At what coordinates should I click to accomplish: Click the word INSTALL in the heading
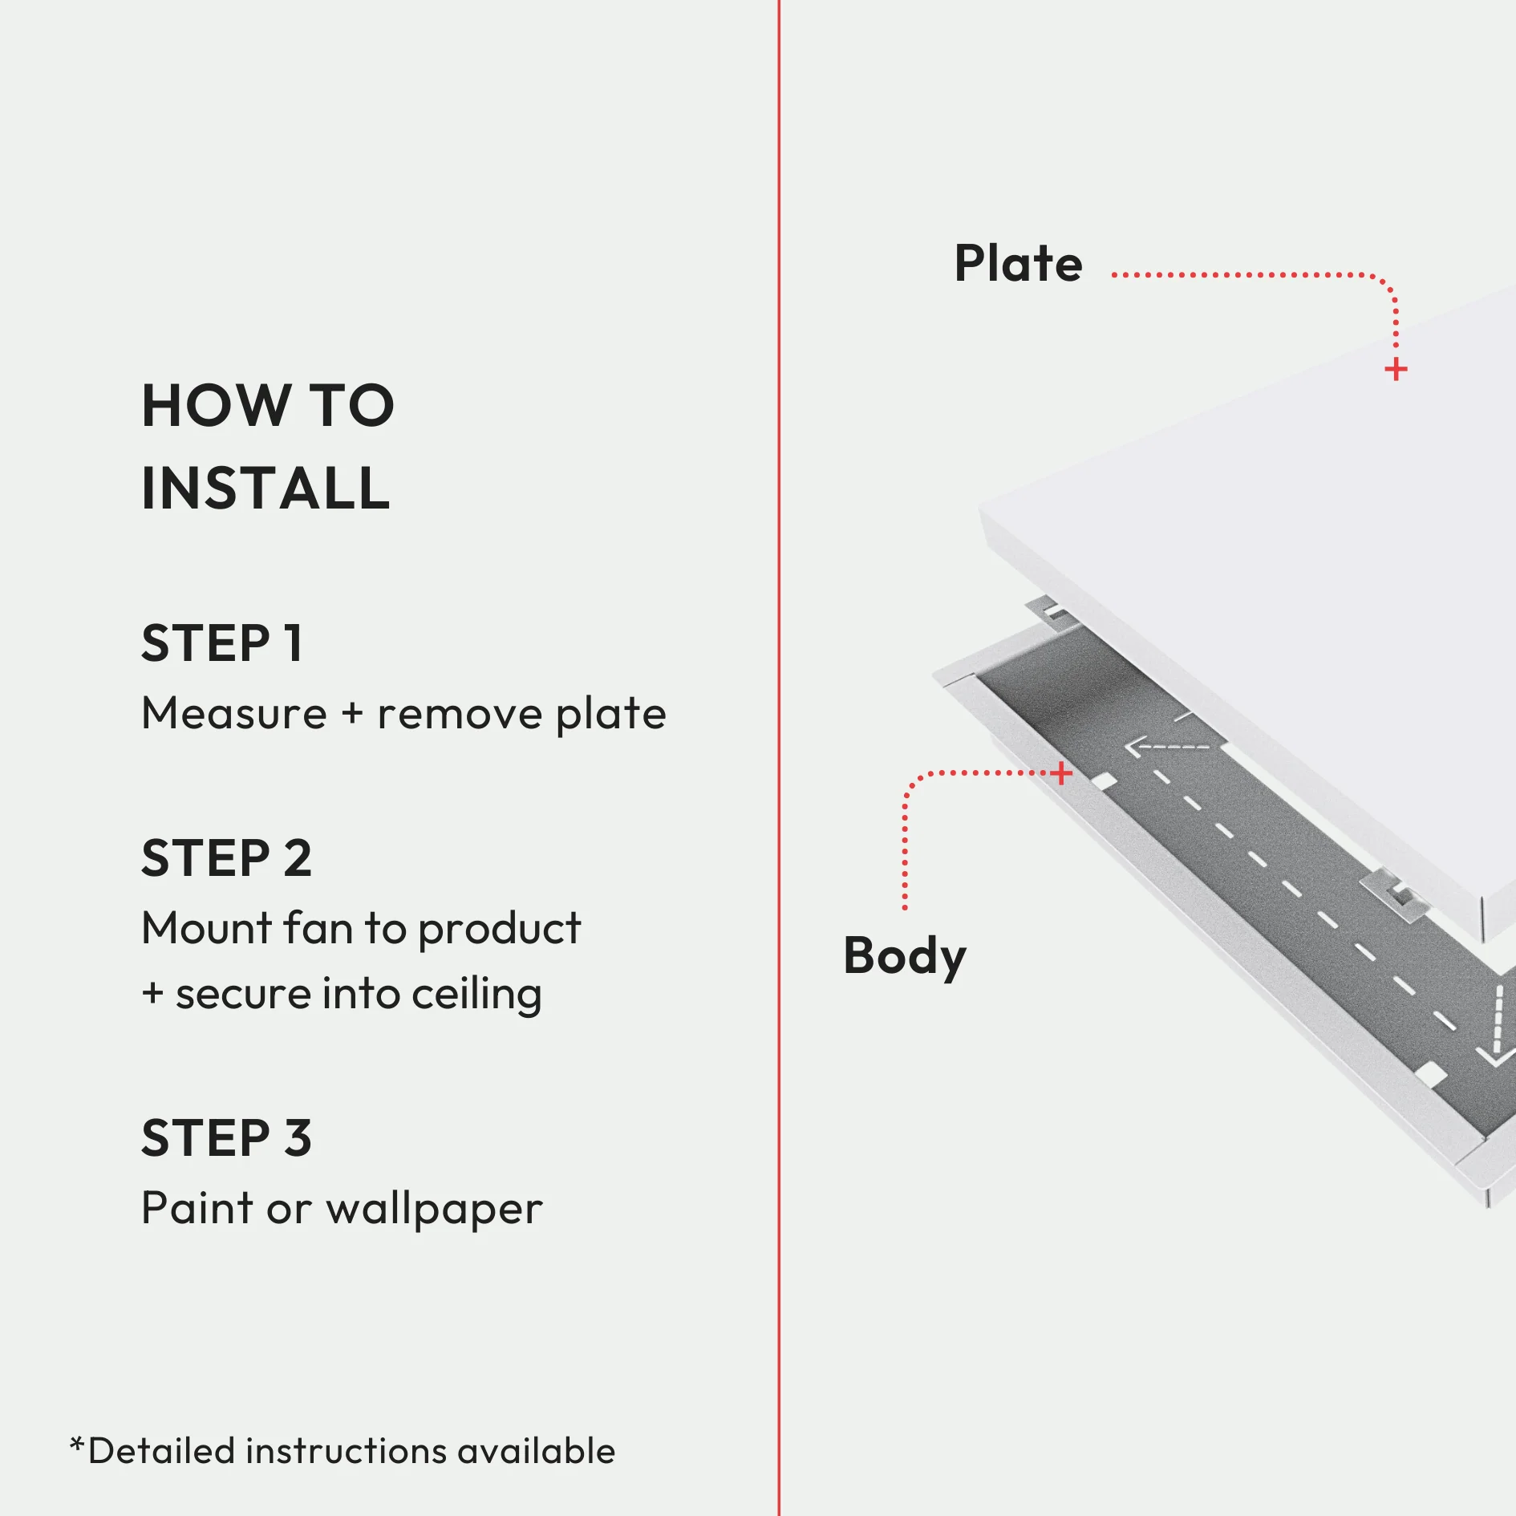coord(266,488)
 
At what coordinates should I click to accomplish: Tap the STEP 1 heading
coord(222,642)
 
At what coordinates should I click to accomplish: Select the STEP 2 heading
coord(226,857)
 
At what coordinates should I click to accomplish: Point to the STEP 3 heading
coord(226,1137)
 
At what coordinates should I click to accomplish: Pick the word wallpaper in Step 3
coord(434,1208)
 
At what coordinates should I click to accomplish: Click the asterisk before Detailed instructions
coord(77,1445)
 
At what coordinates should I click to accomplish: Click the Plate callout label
coord(1018,264)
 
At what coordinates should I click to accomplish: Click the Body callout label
coord(904,955)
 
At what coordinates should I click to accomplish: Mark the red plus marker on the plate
coord(1396,370)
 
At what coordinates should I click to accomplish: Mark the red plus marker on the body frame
coord(1060,773)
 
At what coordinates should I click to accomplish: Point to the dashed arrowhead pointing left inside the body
coord(1133,748)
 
